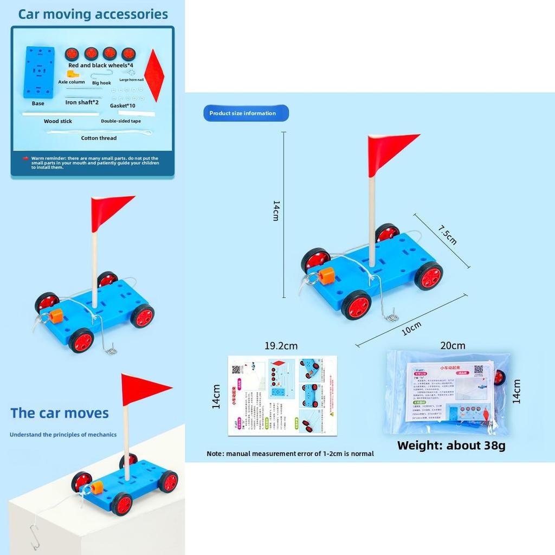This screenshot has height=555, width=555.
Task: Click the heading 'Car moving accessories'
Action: coord(93,14)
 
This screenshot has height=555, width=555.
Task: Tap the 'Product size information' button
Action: coord(246,113)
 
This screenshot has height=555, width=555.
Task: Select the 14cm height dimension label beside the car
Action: coord(276,210)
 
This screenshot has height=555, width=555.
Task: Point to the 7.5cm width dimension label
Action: coord(448,234)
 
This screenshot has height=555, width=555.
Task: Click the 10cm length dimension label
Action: coord(411,328)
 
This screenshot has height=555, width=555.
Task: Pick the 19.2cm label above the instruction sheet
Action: coord(281,346)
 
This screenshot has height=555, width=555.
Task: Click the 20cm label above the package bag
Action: coord(453,346)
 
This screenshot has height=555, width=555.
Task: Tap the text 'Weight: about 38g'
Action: coord(451,446)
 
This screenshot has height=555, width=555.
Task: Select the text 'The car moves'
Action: coord(60,413)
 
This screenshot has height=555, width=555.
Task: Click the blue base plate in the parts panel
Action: coord(38,72)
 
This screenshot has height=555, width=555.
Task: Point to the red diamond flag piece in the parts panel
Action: coord(154,75)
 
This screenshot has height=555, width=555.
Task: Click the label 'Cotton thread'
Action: coord(99,138)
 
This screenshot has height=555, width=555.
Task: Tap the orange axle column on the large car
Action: coord(326,276)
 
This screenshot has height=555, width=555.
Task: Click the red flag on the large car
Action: coord(391,152)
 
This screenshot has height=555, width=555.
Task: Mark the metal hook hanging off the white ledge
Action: coord(34,537)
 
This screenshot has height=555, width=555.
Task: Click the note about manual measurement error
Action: coord(290,454)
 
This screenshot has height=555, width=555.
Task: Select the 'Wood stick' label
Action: coord(58,121)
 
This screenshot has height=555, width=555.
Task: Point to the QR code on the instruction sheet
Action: coord(236,370)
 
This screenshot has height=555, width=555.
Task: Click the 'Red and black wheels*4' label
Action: coord(100,66)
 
